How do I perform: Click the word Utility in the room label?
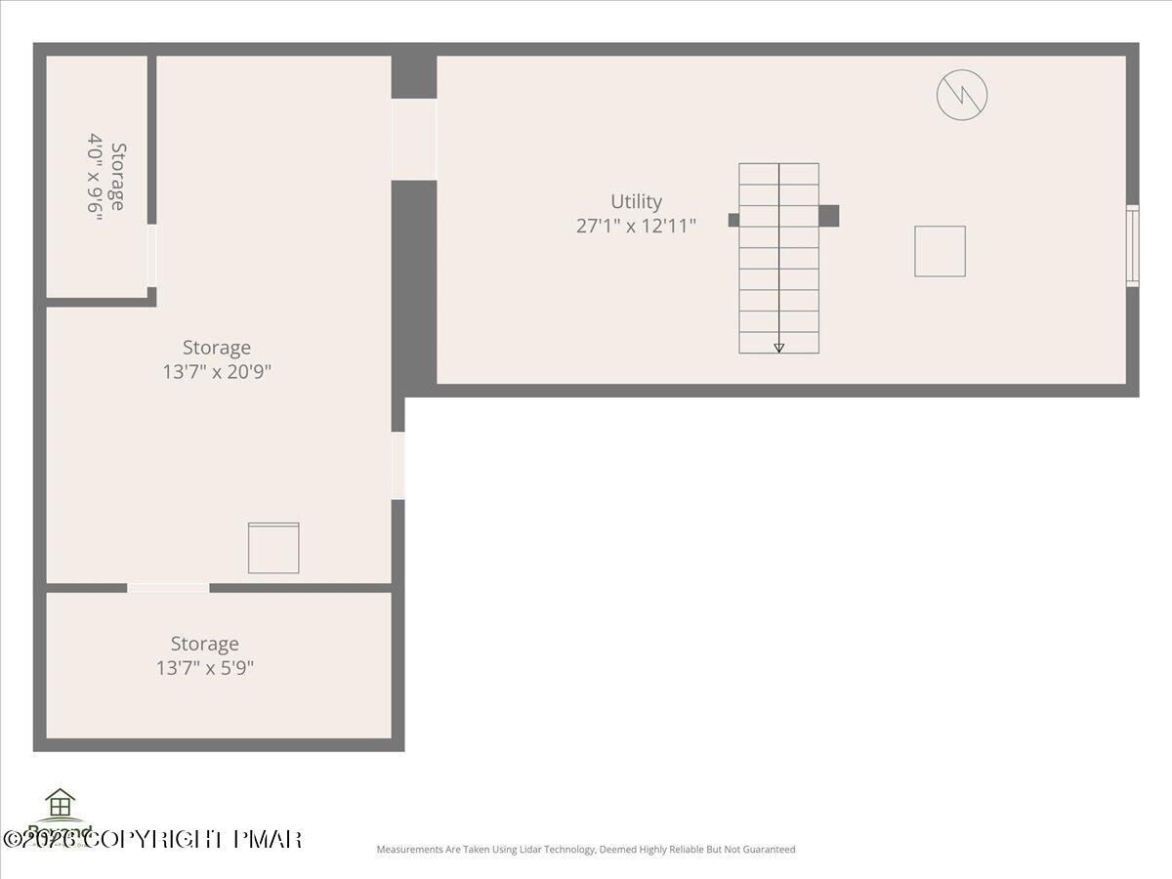point(636,201)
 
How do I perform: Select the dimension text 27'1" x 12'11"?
point(636,226)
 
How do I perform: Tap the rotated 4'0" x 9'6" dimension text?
point(95,178)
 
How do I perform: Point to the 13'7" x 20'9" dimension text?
point(217,371)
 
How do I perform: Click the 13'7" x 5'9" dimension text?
point(205,668)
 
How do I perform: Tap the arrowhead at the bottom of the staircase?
point(778,348)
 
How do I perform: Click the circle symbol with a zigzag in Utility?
point(962,95)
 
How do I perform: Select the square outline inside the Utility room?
point(940,251)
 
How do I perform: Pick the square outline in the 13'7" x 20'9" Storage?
point(273,548)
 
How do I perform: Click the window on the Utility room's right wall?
point(1132,245)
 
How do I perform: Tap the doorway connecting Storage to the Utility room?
point(414,140)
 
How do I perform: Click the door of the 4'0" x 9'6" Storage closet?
point(151,256)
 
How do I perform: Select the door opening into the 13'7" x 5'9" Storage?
point(168,587)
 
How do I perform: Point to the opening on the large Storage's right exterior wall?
point(398,466)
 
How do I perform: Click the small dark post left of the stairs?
point(733,220)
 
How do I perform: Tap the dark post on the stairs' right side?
point(828,216)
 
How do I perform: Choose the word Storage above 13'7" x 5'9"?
point(205,644)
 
